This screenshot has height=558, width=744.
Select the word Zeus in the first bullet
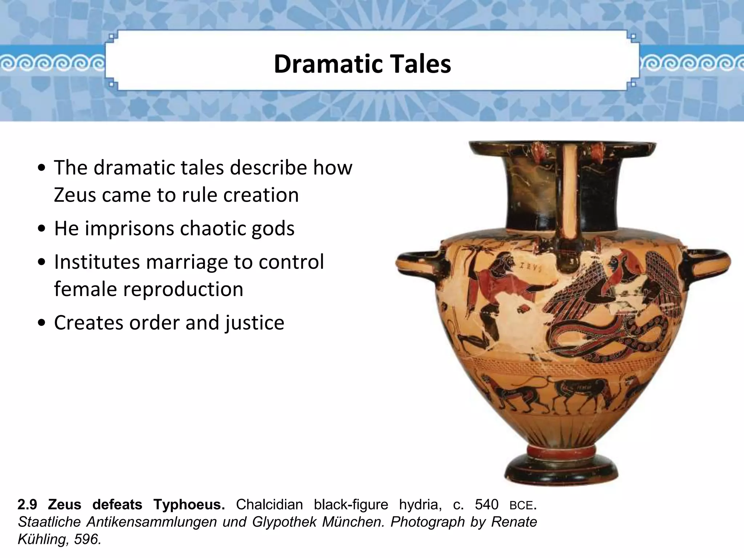point(74,195)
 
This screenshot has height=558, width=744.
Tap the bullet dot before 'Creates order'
point(43,323)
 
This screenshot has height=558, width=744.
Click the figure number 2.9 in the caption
point(27,505)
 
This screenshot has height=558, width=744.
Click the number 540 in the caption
point(486,505)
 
